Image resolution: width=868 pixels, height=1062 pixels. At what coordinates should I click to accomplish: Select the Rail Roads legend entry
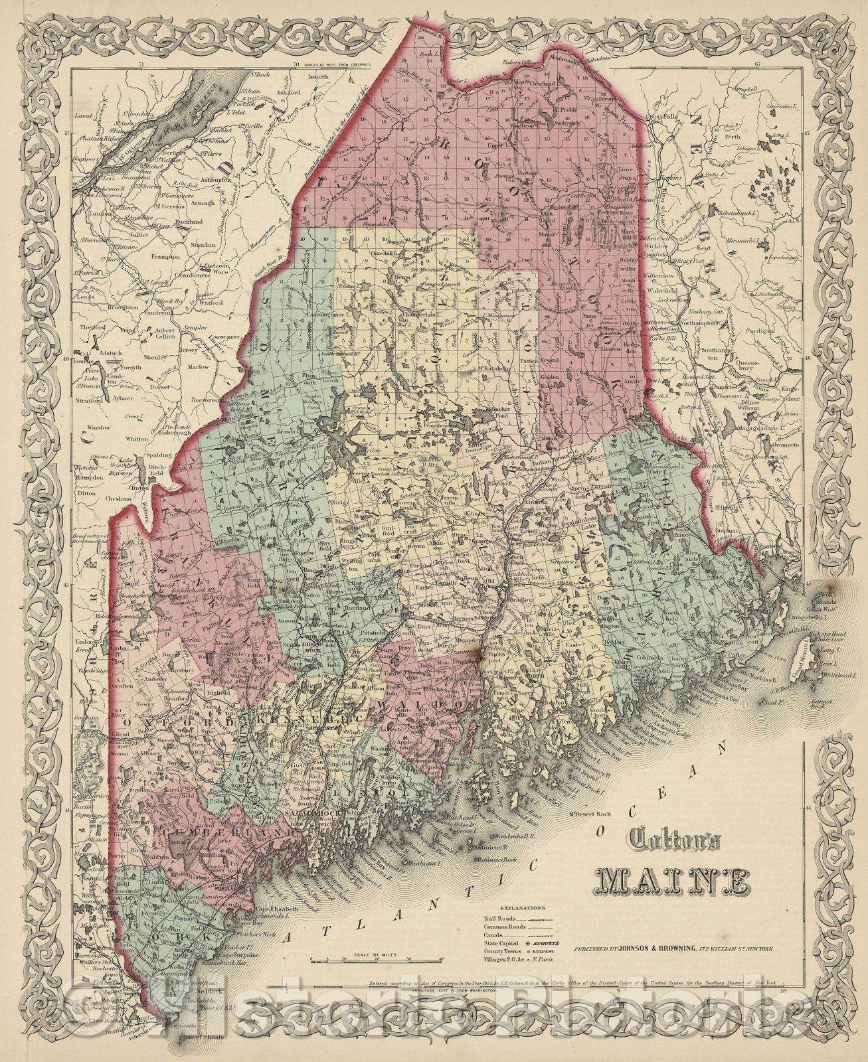pos(494,917)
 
